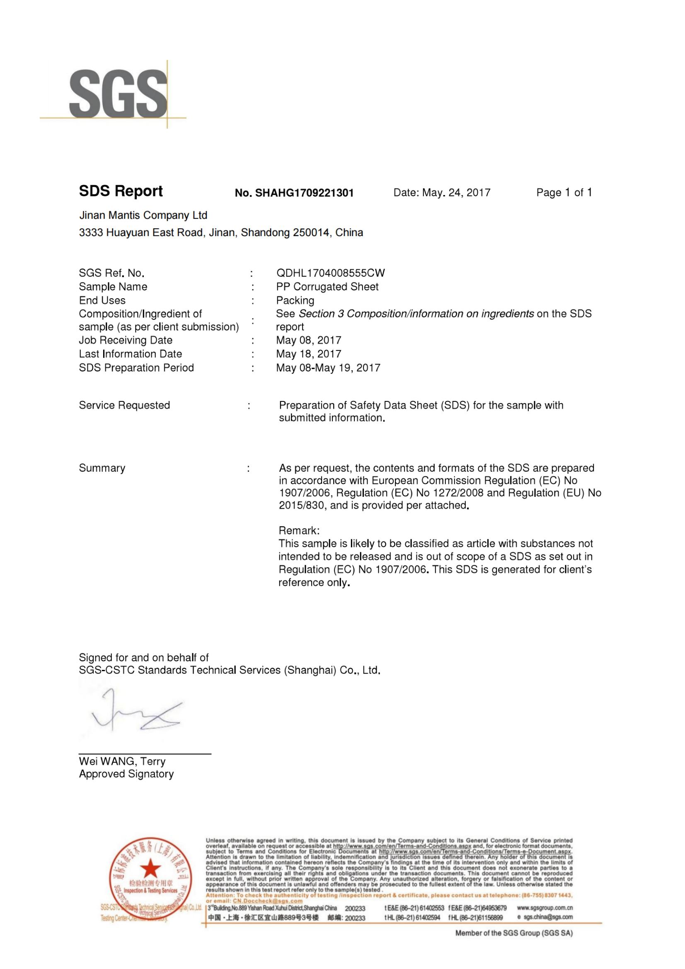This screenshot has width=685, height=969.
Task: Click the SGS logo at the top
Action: (x=118, y=94)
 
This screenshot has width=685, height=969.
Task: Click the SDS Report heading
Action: (x=121, y=191)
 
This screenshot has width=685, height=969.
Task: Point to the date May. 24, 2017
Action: (x=441, y=193)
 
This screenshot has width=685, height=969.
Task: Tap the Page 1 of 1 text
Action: (x=564, y=193)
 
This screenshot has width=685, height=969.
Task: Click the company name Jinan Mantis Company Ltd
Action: (x=143, y=215)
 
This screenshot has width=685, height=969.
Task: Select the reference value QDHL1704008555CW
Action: (x=330, y=273)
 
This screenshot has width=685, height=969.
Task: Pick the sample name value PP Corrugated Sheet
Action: (x=327, y=287)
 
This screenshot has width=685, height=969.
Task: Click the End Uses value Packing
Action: (x=295, y=300)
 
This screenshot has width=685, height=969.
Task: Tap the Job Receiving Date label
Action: (x=126, y=340)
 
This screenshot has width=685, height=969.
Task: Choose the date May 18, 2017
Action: (x=309, y=354)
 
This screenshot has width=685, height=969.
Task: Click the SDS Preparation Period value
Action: (x=328, y=367)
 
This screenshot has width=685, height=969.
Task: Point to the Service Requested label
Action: (x=124, y=405)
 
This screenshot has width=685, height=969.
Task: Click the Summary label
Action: (x=102, y=468)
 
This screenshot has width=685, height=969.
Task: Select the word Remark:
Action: (x=299, y=531)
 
